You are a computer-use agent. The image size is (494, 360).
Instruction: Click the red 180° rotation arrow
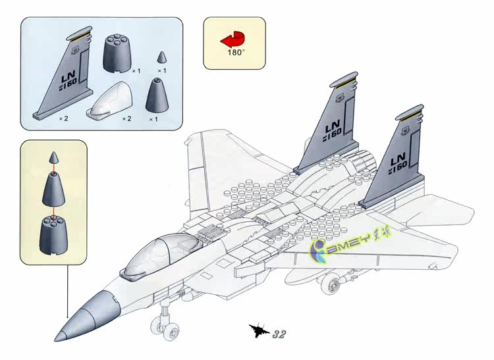coord(233,38)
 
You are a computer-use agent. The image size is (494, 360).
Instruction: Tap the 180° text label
coord(234,51)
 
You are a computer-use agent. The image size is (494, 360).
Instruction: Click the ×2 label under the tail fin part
coord(63,118)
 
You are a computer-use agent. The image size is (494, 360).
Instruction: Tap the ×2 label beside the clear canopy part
coord(127,118)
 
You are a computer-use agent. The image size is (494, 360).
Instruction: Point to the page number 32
coord(279,333)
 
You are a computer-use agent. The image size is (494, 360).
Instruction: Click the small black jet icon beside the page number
coord(259,331)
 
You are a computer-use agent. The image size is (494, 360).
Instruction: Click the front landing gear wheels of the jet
coord(163,322)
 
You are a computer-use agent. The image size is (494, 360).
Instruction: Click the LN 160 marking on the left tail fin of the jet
coord(332,128)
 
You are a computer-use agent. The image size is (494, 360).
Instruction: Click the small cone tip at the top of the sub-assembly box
coord(55,159)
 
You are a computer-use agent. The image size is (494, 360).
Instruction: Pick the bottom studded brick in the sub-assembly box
coord(55,233)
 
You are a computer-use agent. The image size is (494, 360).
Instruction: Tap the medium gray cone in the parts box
coord(155,96)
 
